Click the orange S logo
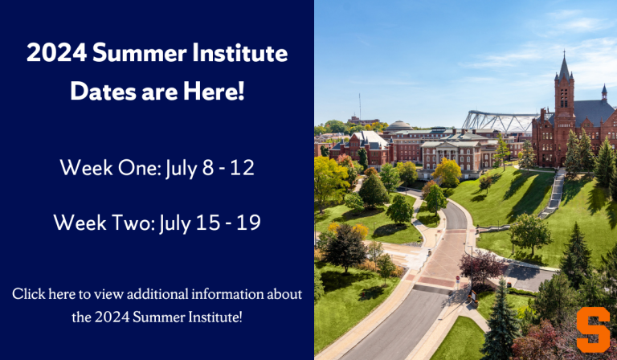coord(593,330)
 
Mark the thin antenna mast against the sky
coord(359,104)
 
